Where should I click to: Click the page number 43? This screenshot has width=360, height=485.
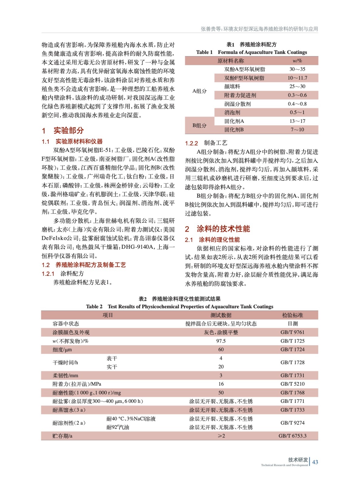(315, 462)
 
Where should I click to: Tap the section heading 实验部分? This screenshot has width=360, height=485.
(69, 131)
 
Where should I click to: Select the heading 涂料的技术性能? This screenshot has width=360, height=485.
(223, 229)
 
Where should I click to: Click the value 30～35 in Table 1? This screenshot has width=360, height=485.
(297, 69)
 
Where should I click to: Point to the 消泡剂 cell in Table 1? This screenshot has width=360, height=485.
(232, 112)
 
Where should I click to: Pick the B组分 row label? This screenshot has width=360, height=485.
(199, 125)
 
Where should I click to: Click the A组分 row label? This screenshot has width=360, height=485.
(199, 91)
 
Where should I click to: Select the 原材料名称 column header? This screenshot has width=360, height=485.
(230, 61)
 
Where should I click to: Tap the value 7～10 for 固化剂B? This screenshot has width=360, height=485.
(297, 130)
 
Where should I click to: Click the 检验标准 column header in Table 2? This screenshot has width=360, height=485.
(292, 315)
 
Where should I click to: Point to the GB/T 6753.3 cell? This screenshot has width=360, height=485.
(292, 436)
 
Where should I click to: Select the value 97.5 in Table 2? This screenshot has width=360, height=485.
(221, 341)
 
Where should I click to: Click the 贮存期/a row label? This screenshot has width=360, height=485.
(62, 436)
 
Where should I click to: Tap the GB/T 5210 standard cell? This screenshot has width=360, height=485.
(292, 384)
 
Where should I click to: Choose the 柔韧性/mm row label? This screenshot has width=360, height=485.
(65, 375)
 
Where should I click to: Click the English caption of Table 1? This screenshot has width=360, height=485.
(251, 52)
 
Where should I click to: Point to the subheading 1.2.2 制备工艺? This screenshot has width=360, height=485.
(206, 143)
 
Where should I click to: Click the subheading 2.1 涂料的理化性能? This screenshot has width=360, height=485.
(212, 240)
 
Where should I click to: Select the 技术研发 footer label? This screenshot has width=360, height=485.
(298, 460)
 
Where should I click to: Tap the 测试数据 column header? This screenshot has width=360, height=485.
(221, 315)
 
